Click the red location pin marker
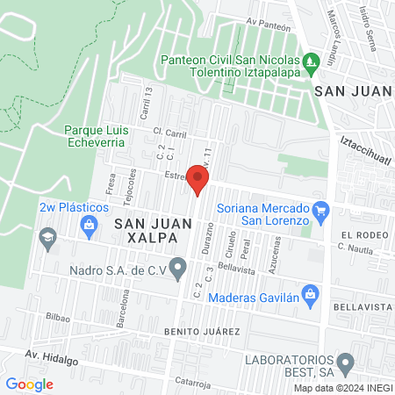199,179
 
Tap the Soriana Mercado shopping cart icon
321,210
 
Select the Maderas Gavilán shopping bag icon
309,292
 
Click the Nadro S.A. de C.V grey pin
179,265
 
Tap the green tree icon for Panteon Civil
309,61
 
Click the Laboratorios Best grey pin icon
345,362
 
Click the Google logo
29,384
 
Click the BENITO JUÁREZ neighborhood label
201,332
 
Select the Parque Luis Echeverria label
98,138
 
